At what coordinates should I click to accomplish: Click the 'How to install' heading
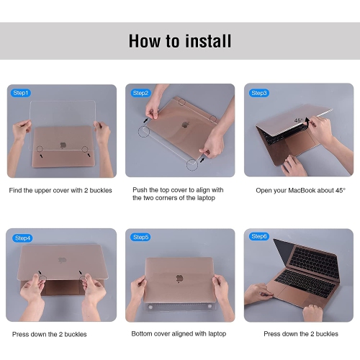point(180,40)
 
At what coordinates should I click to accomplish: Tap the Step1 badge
point(20,93)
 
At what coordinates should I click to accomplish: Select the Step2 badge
point(140,93)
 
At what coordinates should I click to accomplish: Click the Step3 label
point(258,93)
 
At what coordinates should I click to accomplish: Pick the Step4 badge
point(22,238)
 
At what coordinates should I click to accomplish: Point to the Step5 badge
point(140,237)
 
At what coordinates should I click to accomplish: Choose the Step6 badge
point(258,237)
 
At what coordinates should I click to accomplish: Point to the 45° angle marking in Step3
point(297,122)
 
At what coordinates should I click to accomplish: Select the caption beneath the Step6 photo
point(300,334)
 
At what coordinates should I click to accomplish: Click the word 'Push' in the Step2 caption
point(140,190)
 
